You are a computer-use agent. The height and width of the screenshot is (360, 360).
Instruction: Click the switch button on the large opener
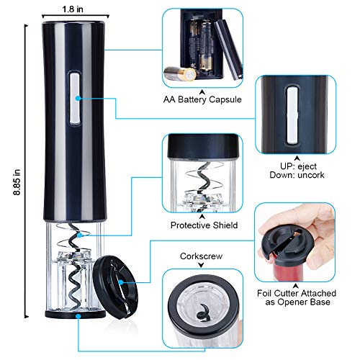74,98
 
